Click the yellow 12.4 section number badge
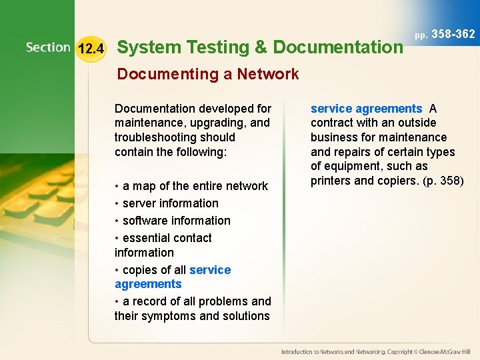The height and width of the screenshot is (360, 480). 91,49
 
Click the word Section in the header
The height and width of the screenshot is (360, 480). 48,47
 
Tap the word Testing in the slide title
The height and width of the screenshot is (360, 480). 214,47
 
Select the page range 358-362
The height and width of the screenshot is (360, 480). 453,34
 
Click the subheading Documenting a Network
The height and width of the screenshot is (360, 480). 207,74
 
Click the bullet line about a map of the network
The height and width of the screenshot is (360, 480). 191,186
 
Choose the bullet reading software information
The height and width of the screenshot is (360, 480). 173,221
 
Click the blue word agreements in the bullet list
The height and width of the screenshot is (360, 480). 148,284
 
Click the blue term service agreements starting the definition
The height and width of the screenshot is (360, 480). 366,109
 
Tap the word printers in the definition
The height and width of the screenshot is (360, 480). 332,181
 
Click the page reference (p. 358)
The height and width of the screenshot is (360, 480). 443,181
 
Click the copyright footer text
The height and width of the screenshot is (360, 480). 375,351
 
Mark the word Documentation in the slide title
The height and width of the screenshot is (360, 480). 338,47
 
